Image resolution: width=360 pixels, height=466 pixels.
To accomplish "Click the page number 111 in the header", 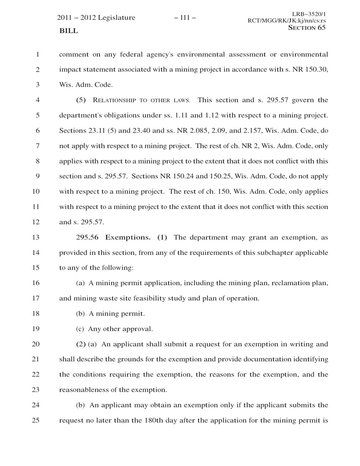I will [185, 18].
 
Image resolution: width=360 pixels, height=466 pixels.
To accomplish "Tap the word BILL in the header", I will [68, 31].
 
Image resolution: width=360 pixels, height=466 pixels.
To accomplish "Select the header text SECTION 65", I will [307, 27].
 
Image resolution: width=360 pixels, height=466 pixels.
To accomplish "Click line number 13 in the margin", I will [36, 237].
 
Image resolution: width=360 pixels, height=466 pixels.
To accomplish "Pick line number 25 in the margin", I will [36, 420].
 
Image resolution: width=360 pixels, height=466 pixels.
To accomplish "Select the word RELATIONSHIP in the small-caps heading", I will [114, 100].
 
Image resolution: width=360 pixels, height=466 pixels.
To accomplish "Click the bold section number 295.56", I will [87, 237].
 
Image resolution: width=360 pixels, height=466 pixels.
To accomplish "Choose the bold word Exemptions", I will [128, 237].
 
